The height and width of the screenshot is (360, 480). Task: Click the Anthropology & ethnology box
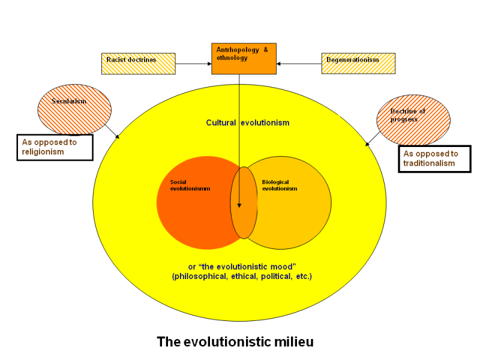tap(244, 58)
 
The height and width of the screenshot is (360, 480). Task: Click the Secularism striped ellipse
tap(74, 109)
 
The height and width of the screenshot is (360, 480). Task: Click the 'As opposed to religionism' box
tap(55, 147)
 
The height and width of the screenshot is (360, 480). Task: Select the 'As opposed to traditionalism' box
tap(434, 159)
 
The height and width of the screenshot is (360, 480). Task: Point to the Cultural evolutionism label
tap(248, 123)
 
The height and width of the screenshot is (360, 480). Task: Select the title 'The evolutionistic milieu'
tap(235, 342)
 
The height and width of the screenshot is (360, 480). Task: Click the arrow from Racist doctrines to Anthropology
tap(193, 63)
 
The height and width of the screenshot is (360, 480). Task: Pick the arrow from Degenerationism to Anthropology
tap(299, 63)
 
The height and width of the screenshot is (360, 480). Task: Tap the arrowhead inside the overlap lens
tap(239, 204)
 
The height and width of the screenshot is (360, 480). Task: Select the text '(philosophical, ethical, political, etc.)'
tap(242, 277)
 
